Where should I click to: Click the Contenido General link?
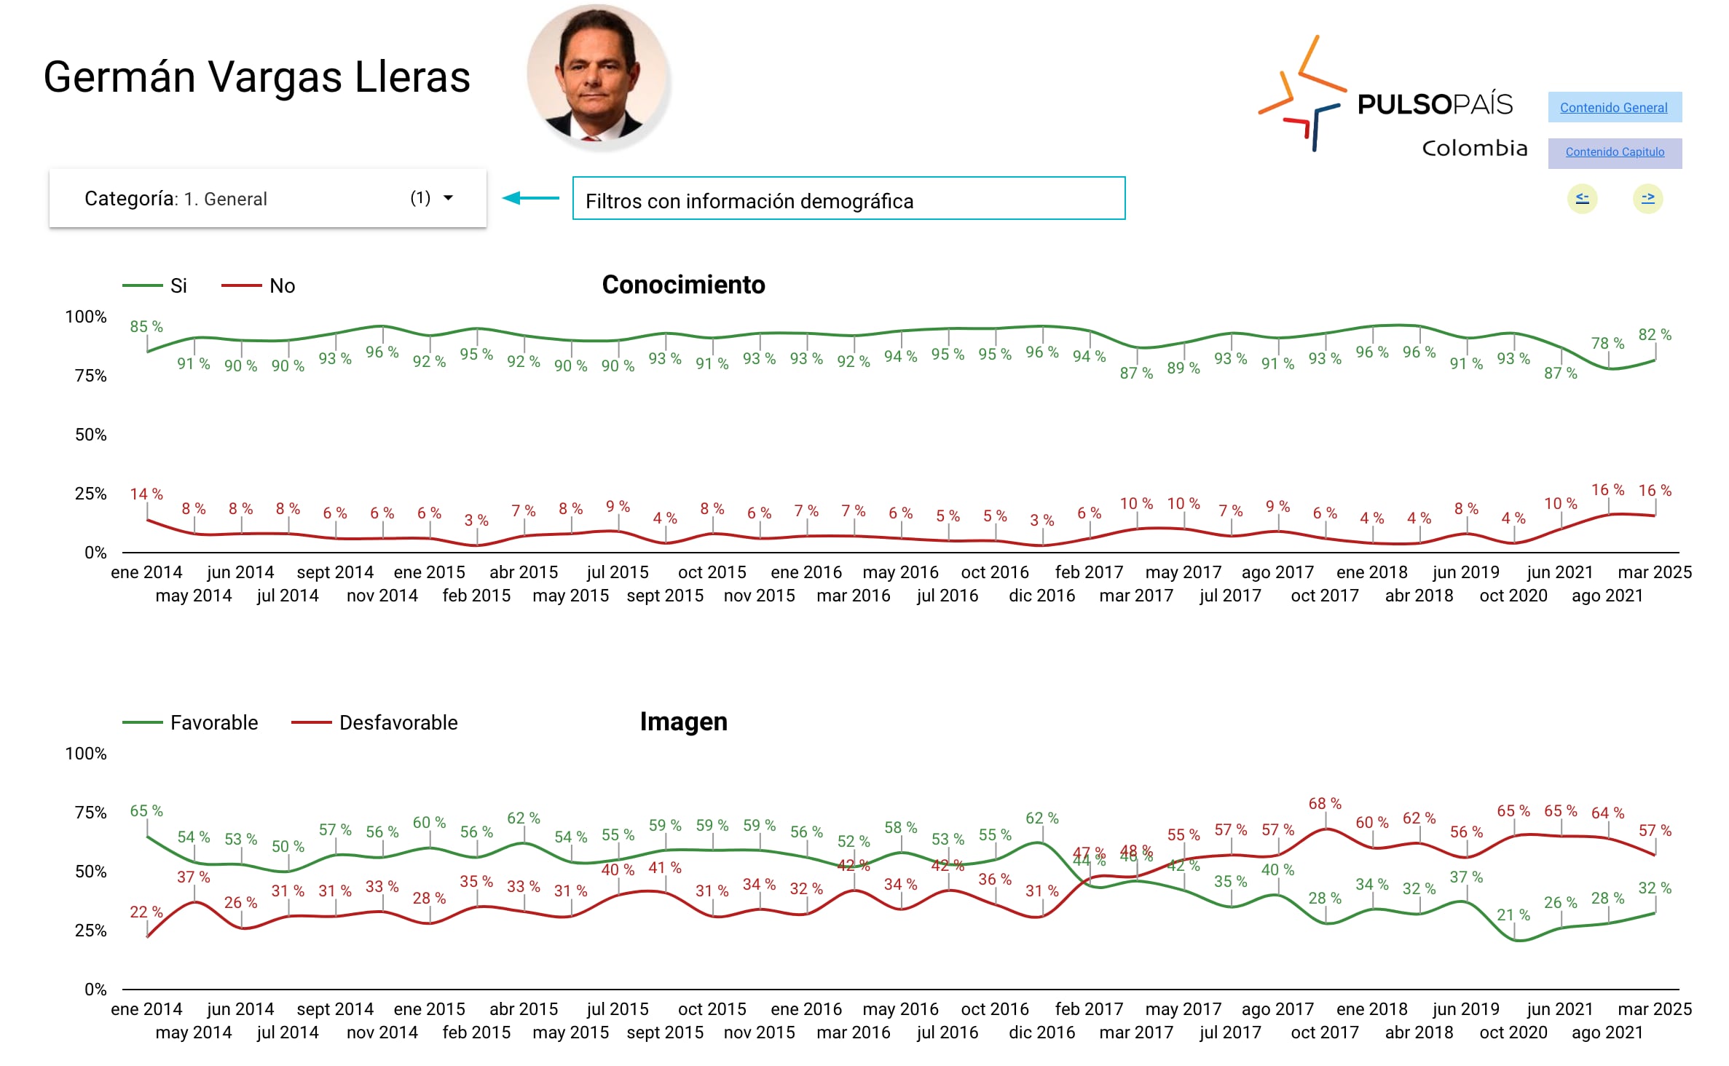pyautogui.click(x=1613, y=108)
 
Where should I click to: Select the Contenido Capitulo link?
pyautogui.click(x=1615, y=152)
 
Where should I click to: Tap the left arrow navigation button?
pyautogui.click(x=1582, y=198)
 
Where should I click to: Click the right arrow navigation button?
pyautogui.click(x=1647, y=198)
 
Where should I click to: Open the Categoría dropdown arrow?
pyautogui.click(x=449, y=198)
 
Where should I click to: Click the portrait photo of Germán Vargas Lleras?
pyautogui.click(x=598, y=76)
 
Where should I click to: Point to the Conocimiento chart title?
pyautogui.click(x=683, y=285)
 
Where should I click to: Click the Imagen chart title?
pyautogui.click(x=683, y=722)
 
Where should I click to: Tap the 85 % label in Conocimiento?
pyautogui.click(x=146, y=327)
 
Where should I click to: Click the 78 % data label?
pyautogui.click(x=1607, y=343)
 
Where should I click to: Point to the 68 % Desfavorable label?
pyautogui.click(x=1325, y=804)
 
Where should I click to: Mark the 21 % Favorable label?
pyautogui.click(x=1513, y=915)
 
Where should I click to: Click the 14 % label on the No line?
pyautogui.click(x=146, y=494)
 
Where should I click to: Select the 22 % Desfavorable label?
pyautogui.click(x=146, y=912)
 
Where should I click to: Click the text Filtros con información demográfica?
pyautogui.click(x=749, y=201)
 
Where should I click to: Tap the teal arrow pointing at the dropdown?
pyautogui.click(x=531, y=198)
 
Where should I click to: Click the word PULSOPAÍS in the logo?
pyautogui.click(x=1435, y=105)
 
